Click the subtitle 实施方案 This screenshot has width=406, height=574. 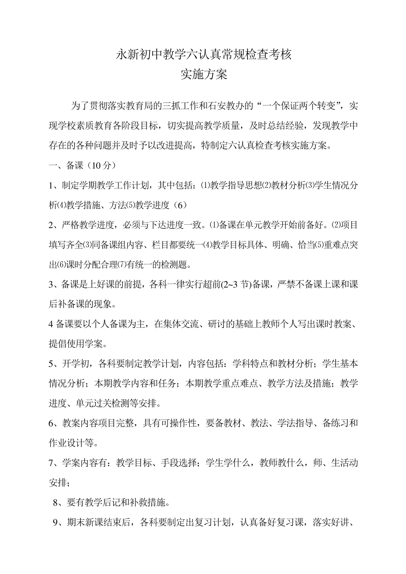[x=203, y=74]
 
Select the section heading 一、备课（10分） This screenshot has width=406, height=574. [x=82, y=166]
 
